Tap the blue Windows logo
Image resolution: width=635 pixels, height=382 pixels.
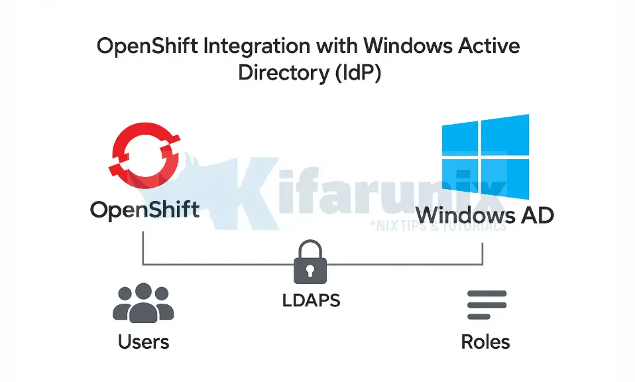click(486, 157)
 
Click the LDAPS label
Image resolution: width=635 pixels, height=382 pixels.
click(312, 300)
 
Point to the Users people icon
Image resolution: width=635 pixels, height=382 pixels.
click(143, 303)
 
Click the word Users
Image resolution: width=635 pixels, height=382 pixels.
click(143, 342)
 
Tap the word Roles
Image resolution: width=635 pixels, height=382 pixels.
click(486, 342)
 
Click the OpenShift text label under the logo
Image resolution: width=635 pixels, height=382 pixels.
click(144, 211)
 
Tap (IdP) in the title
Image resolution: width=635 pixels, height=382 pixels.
click(356, 72)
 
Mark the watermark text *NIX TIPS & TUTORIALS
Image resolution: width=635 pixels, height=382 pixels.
click(438, 225)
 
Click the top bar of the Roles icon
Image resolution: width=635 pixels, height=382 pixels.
click(486, 294)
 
